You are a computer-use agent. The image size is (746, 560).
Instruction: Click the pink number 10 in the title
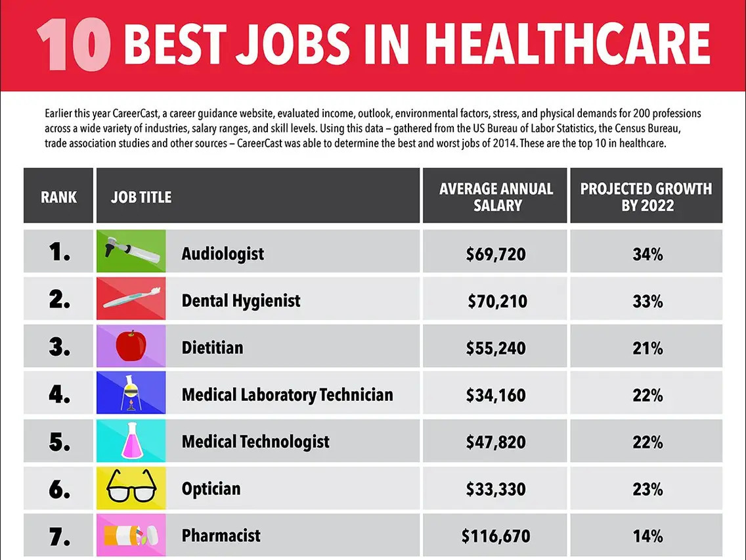(74, 45)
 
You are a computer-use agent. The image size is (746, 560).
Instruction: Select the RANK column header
(58, 197)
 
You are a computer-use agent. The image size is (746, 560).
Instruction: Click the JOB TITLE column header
(141, 197)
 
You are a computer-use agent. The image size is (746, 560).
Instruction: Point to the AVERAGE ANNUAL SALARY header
(496, 197)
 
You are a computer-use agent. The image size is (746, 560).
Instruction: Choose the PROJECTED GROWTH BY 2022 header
(646, 197)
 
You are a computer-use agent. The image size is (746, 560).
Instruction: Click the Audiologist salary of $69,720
(496, 254)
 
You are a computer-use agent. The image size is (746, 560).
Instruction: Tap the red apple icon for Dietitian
(131, 346)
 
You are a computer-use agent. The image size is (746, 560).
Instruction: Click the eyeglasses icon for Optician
(131, 486)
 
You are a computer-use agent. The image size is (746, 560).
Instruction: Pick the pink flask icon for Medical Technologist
(131, 440)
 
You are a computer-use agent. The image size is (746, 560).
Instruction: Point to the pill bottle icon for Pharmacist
(131, 535)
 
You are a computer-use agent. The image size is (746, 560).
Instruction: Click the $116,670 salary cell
(496, 536)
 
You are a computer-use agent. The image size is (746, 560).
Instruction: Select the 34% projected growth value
(647, 254)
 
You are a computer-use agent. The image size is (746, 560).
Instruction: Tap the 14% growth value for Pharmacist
(647, 536)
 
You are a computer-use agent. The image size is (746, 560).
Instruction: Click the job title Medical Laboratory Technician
(288, 395)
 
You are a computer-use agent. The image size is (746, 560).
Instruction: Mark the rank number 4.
(59, 394)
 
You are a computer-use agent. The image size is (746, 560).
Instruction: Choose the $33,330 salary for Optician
(496, 489)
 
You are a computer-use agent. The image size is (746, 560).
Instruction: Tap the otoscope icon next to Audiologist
(132, 250)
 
